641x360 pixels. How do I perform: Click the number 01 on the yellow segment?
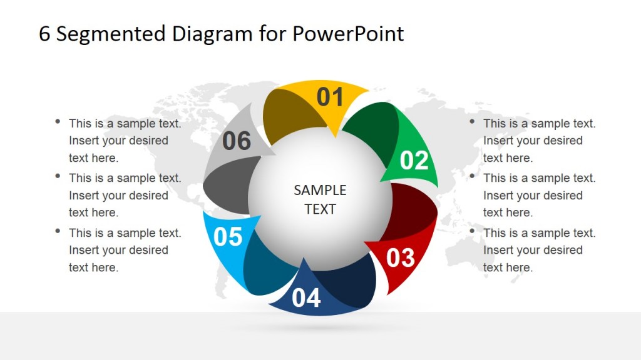(330, 97)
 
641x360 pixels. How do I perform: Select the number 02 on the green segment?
(414, 161)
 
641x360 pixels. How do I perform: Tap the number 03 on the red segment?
(400, 257)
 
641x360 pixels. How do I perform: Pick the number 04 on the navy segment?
(306, 298)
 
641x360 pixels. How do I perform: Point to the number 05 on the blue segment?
(228, 237)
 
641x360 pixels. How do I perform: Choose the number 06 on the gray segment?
(237, 141)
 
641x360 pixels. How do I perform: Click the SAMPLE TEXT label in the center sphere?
(320, 199)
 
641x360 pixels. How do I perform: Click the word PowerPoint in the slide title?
(348, 34)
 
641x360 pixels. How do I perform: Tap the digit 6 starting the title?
(44, 34)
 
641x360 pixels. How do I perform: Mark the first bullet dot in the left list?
(58, 121)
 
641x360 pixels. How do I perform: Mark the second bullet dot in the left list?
(58, 176)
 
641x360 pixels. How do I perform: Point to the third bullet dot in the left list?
(58, 231)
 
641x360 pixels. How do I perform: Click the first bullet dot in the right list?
(472, 121)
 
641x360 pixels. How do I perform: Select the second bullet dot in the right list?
(472, 176)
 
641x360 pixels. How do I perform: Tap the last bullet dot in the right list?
(472, 231)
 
